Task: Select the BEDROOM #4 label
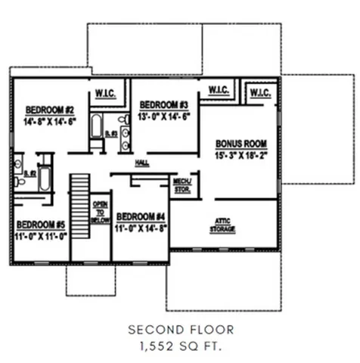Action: (141, 216)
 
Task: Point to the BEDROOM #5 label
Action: (42, 224)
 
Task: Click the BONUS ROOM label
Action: (240, 143)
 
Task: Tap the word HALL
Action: (141, 163)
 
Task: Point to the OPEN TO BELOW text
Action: (101, 213)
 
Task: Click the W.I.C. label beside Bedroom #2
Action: (105, 95)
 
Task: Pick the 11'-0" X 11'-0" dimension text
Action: (42, 236)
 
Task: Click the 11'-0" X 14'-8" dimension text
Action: (141, 227)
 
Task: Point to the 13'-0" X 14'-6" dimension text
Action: (163, 116)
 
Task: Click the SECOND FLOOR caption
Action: (180, 330)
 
